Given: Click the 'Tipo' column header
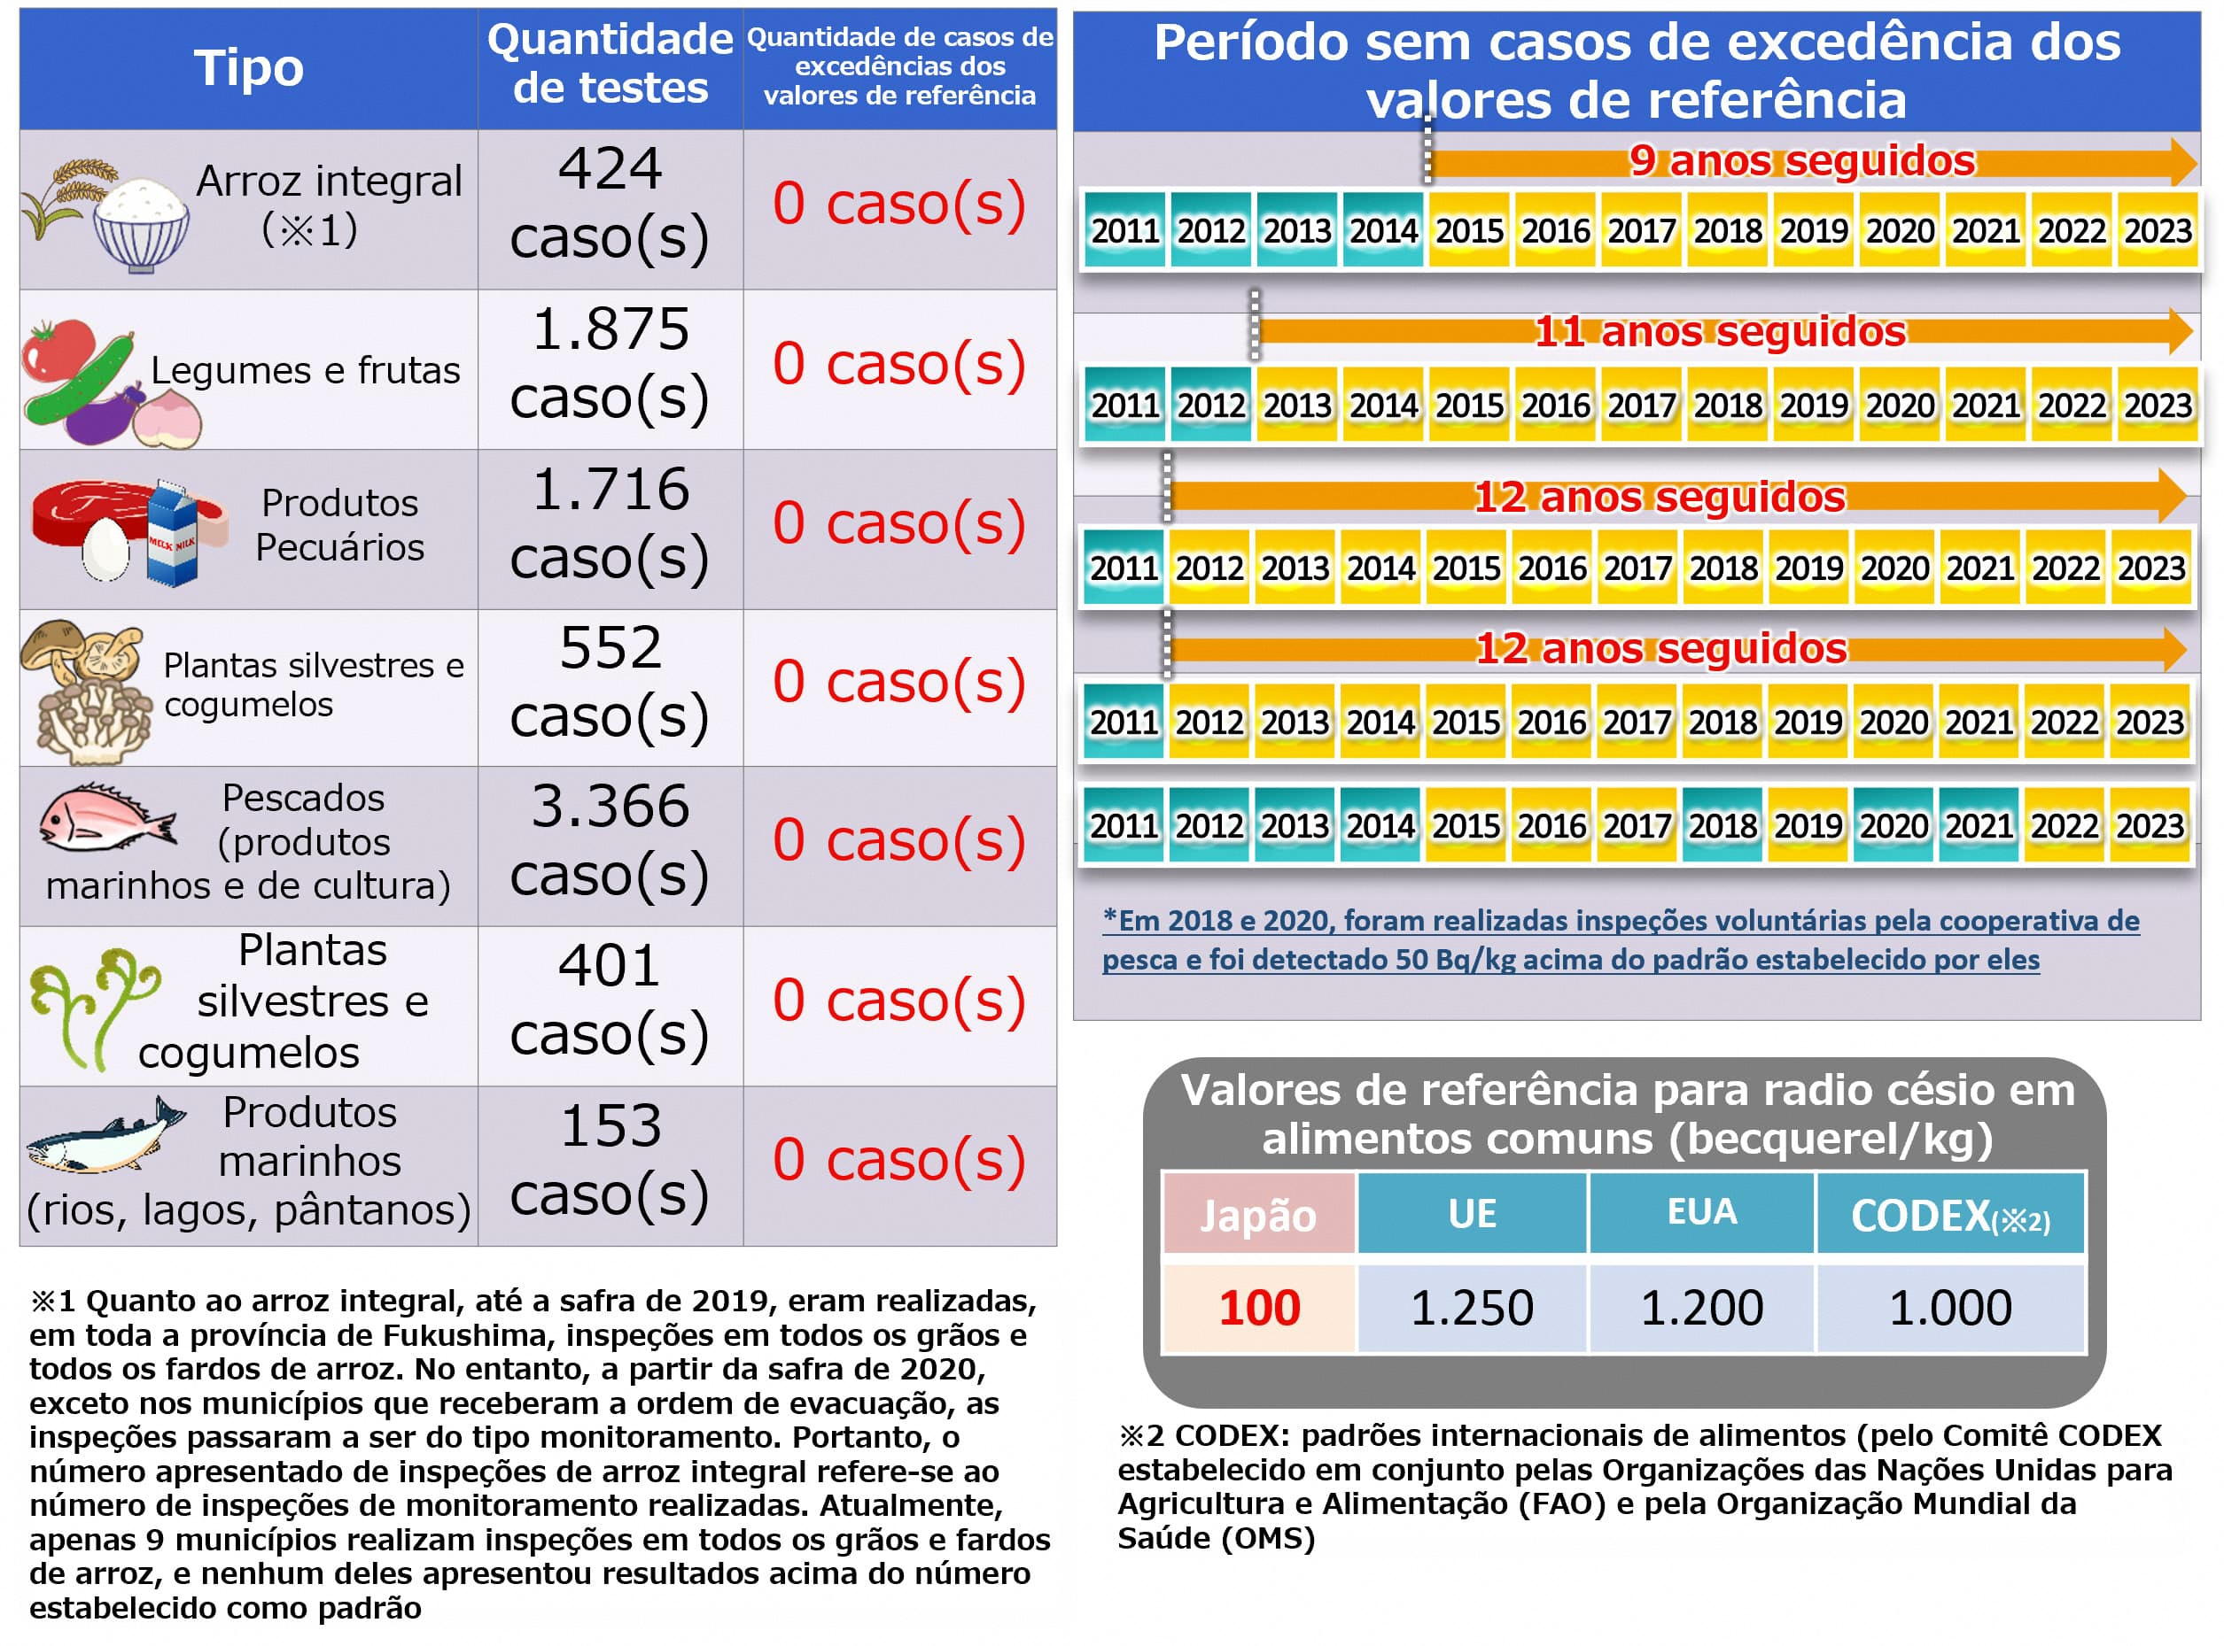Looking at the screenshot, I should pos(248,68).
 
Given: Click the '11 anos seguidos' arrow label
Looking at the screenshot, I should pos(1719,332).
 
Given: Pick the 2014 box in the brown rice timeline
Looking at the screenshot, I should pos(1382,231).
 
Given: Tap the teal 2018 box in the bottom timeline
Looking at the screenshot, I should pos(1722,826).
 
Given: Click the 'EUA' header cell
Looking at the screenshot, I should pos(1701,1212).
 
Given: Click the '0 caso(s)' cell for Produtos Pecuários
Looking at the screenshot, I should pos(898,524).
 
